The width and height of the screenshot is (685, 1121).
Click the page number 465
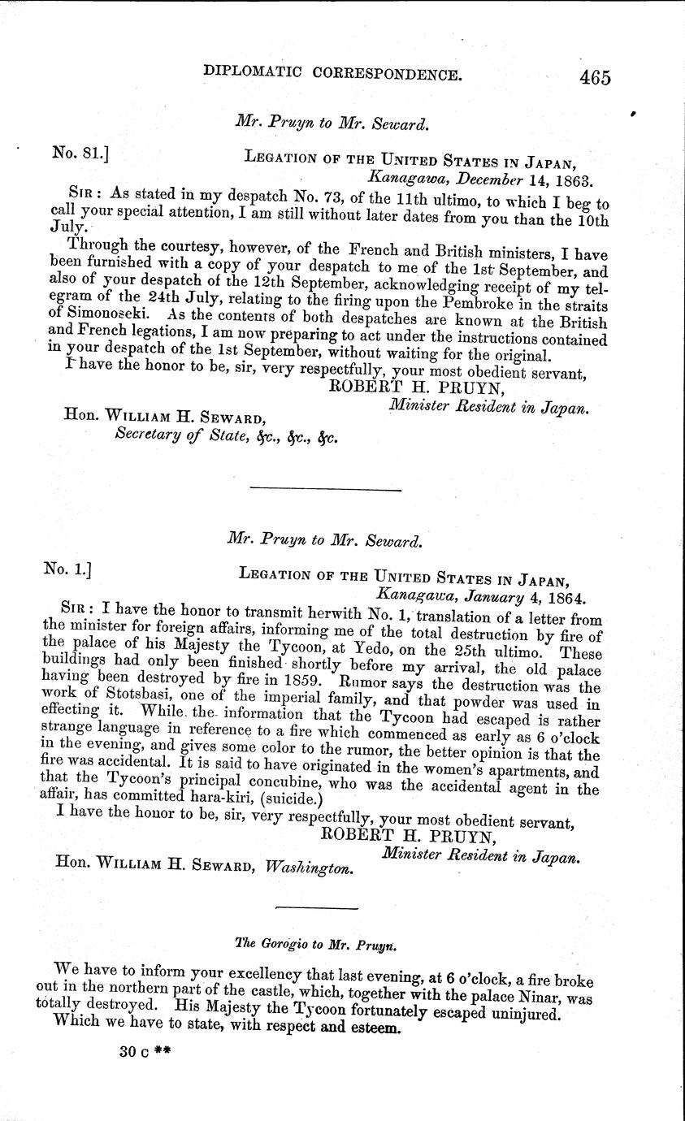(x=595, y=78)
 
